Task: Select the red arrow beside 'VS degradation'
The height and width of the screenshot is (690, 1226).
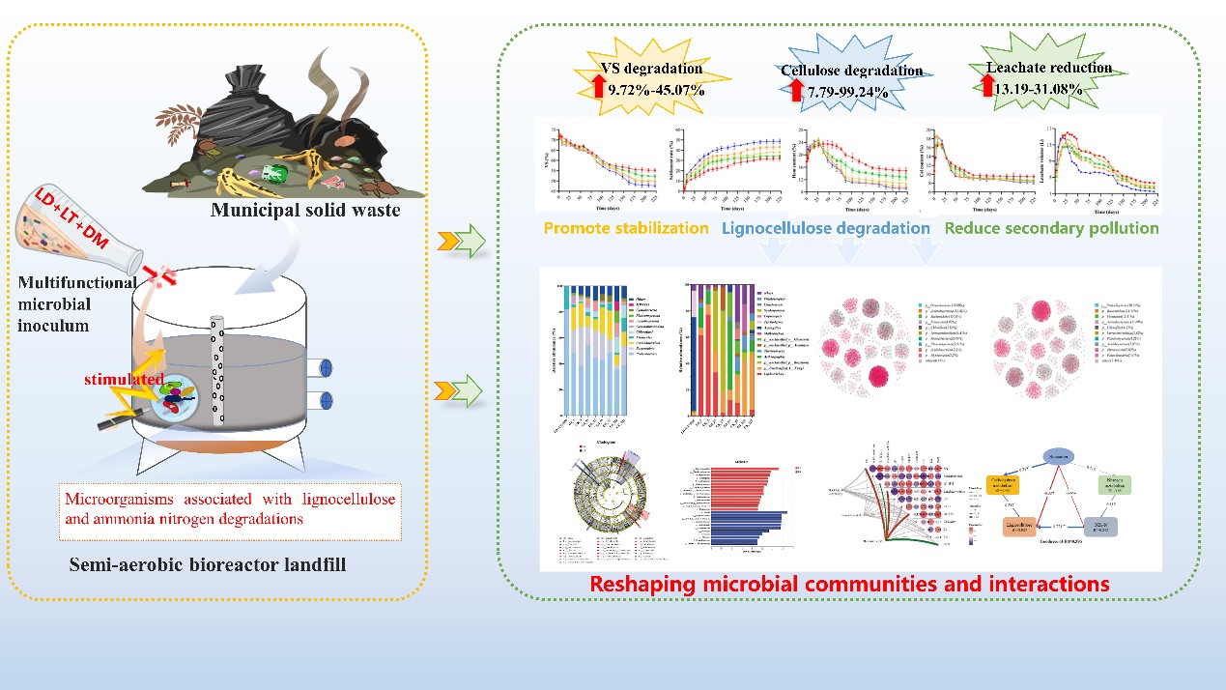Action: tap(599, 87)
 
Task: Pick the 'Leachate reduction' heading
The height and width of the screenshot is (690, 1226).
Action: tap(1048, 68)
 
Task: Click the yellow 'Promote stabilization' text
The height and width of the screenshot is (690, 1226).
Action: tap(625, 229)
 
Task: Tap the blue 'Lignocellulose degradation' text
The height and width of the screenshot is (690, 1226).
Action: tap(826, 229)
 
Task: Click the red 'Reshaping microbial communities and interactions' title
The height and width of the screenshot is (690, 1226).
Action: tap(849, 584)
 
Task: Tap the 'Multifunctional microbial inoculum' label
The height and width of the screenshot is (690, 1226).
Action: tap(67, 305)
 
